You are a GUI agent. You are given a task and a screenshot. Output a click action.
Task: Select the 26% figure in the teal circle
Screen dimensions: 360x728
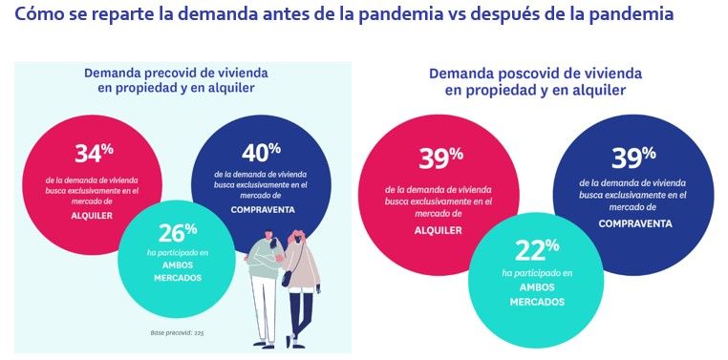[x=177, y=232]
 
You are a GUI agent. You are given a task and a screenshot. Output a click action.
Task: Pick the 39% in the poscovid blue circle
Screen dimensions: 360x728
[x=633, y=156]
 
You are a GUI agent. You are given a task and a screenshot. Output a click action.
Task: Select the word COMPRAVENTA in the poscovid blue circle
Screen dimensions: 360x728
[x=633, y=223]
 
